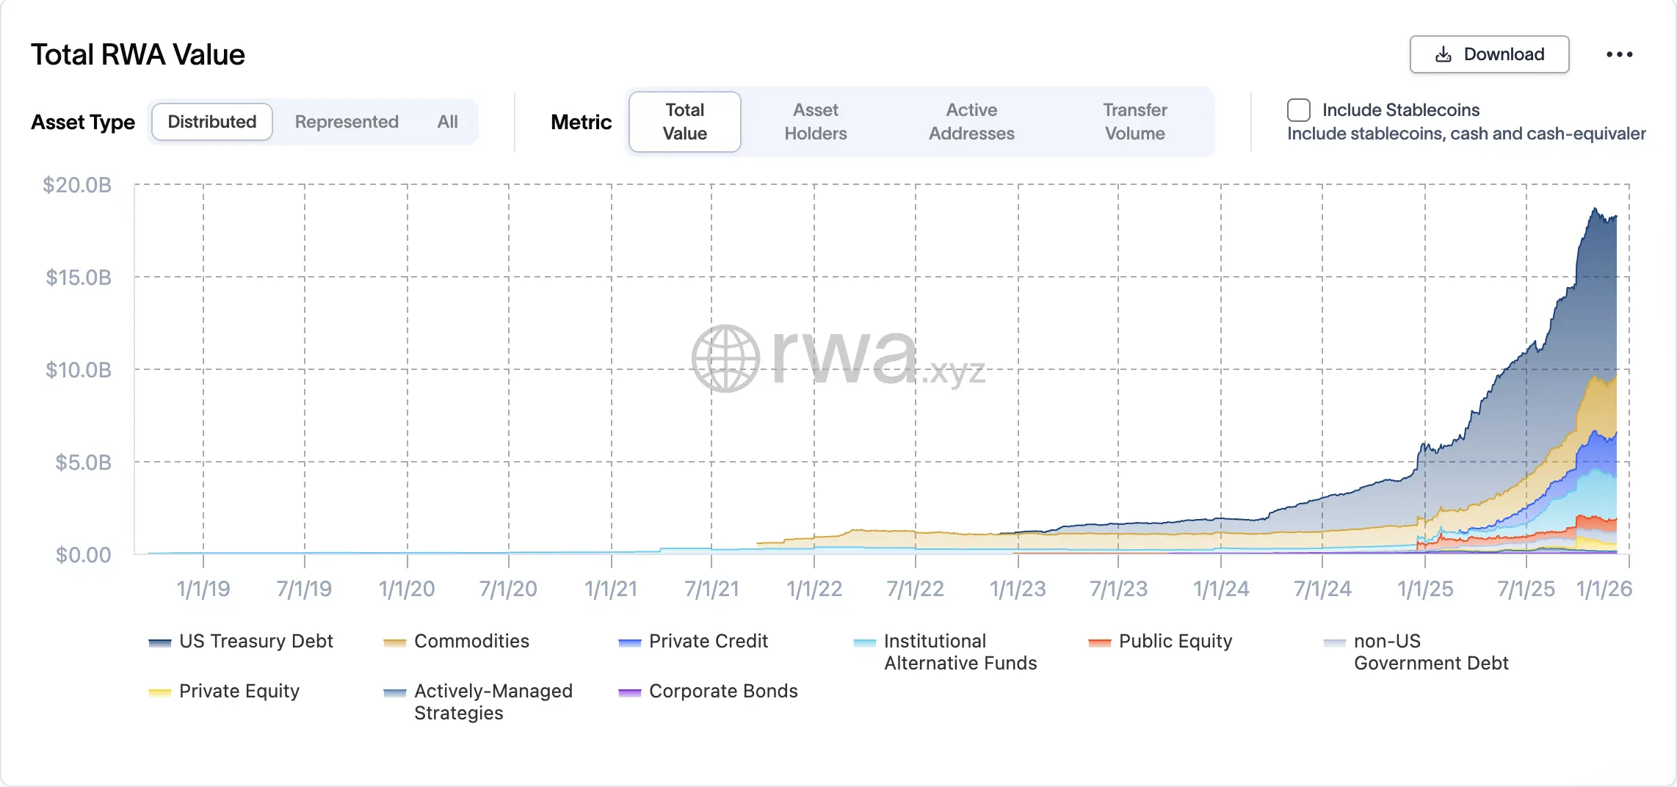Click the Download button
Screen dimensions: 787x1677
pyautogui.click(x=1489, y=54)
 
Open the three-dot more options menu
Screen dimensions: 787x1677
pyautogui.click(x=1619, y=54)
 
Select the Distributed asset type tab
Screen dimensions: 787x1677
pyautogui.click(x=212, y=122)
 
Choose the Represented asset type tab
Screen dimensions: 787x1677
pyautogui.click(x=347, y=122)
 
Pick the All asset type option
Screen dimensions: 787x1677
pyautogui.click(x=447, y=122)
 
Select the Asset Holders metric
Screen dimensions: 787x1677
pyautogui.click(x=815, y=122)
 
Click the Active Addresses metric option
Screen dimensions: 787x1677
pyautogui.click(x=971, y=122)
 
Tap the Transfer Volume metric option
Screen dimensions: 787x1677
pyautogui.click(x=1134, y=122)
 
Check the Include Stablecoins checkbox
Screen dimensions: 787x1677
pyautogui.click(x=1298, y=110)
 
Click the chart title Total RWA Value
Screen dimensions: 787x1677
pyautogui.click(x=138, y=55)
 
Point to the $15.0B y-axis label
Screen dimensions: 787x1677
pyautogui.click(x=79, y=278)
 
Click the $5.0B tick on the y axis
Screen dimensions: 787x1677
pyautogui.click(x=83, y=463)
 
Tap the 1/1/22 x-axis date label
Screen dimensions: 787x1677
pyautogui.click(x=814, y=589)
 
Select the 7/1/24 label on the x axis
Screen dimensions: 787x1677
pyautogui.click(x=1322, y=589)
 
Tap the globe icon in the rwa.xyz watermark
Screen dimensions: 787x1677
pyautogui.click(x=725, y=358)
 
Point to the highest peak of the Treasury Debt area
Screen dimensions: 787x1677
pyautogui.click(x=1594, y=209)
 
